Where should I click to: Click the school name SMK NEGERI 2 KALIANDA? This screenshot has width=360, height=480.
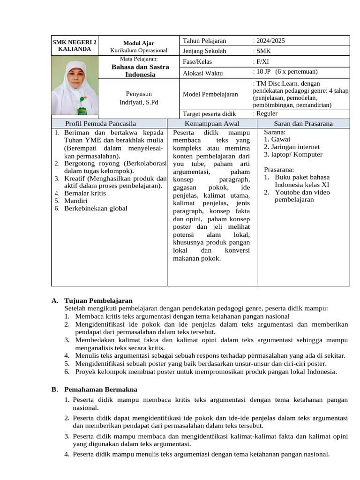click(x=75, y=45)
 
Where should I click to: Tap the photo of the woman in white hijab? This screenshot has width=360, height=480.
click(x=75, y=86)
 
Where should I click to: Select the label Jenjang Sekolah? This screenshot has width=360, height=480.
click(x=204, y=51)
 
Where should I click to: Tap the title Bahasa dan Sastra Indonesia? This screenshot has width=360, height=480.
click(x=140, y=71)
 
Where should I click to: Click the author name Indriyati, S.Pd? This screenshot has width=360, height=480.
click(x=139, y=102)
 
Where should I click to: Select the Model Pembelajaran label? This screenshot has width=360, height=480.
click(x=210, y=94)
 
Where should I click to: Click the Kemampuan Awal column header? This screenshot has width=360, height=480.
click(x=212, y=124)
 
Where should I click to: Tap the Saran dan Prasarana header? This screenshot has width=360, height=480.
click(x=303, y=124)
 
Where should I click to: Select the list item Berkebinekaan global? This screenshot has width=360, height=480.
click(x=96, y=209)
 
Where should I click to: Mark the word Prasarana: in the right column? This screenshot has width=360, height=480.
click(x=279, y=169)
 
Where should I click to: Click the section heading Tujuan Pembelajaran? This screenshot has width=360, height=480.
click(x=98, y=300)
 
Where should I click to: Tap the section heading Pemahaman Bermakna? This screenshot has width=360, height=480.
click(x=101, y=389)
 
